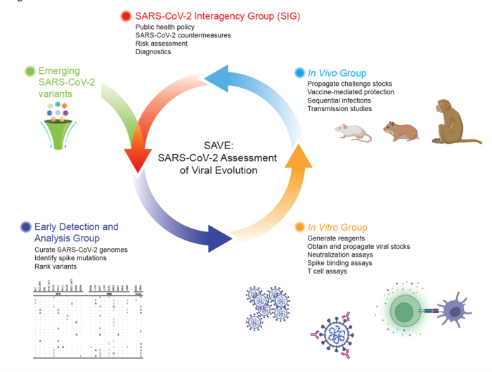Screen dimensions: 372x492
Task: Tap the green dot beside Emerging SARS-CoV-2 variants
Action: pyautogui.click(x=30, y=71)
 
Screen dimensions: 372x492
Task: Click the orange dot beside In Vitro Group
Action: pyautogui.click(x=299, y=227)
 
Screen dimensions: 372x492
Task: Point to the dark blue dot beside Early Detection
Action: pyautogui.click(x=26, y=226)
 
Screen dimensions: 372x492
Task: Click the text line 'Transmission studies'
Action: pyautogui.click(x=339, y=109)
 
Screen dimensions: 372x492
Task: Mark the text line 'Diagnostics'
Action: pyautogui.click(x=153, y=51)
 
